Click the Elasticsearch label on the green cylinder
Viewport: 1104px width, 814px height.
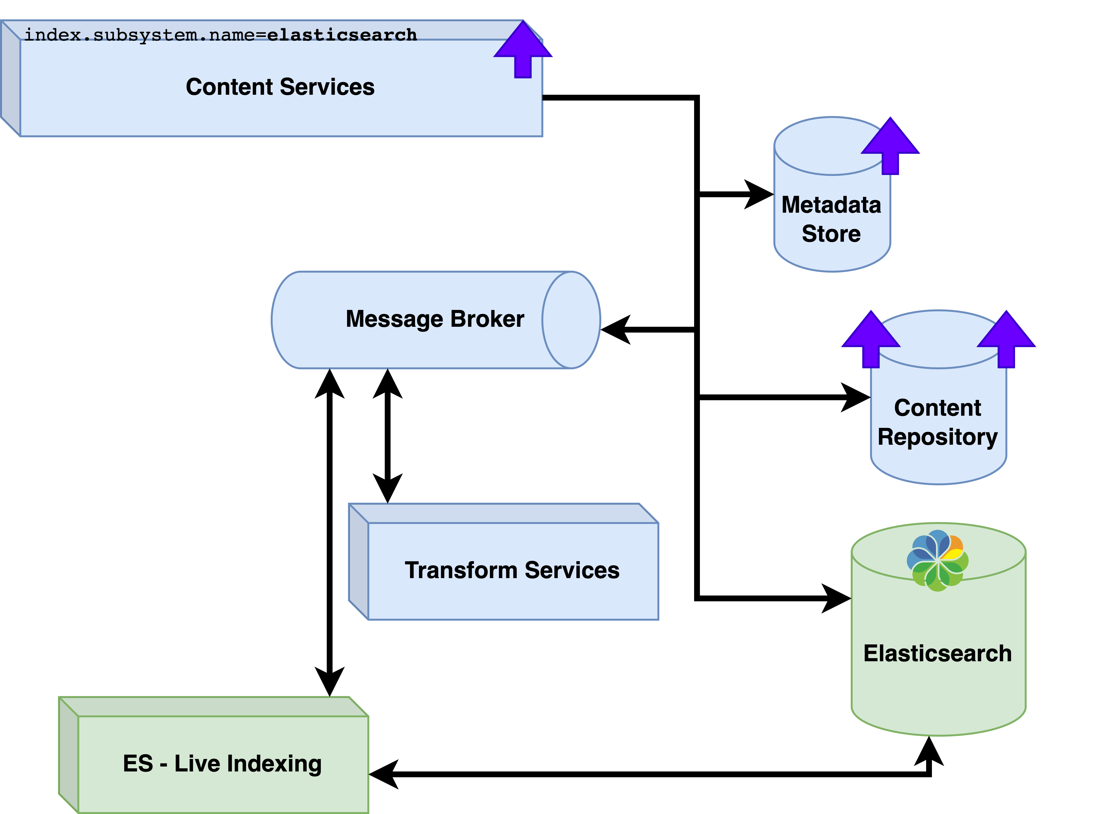937,653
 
